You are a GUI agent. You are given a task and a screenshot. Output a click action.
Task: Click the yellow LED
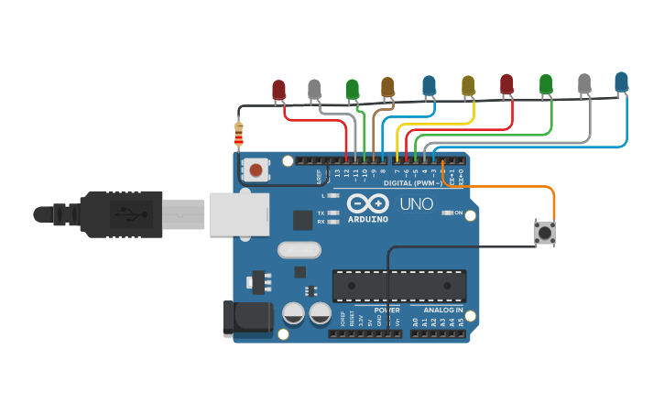tap(468, 86)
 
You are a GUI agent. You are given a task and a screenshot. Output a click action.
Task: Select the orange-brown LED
tap(387, 87)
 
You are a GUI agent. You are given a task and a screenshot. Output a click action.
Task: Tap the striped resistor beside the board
tap(239, 135)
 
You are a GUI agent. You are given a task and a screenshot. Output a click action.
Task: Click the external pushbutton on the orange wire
tap(545, 232)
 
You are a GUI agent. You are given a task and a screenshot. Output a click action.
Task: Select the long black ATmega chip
tap(398, 286)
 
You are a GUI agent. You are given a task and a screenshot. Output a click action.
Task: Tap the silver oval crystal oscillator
tap(299, 249)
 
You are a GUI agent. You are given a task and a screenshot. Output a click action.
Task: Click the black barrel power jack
tap(247, 318)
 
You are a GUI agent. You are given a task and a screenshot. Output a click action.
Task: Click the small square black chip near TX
tap(302, 220)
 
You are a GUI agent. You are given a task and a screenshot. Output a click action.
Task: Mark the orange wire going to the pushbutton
tap(513, 187)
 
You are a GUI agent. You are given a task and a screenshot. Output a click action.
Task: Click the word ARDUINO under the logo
tap(368, 219)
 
